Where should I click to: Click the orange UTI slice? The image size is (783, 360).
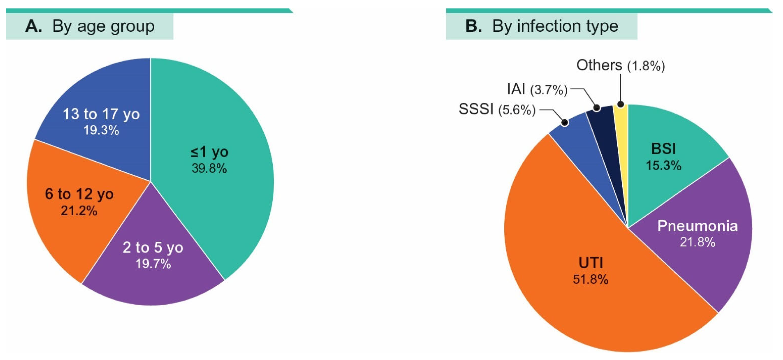point(578,304)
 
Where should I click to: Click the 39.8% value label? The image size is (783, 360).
point(209,168)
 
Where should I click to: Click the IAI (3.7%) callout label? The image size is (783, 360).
point(537,89)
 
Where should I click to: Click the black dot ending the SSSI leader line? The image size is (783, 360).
point(564,122)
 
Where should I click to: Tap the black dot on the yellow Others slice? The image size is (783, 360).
point(621,104)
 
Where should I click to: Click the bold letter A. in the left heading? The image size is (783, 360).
point(33,26)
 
